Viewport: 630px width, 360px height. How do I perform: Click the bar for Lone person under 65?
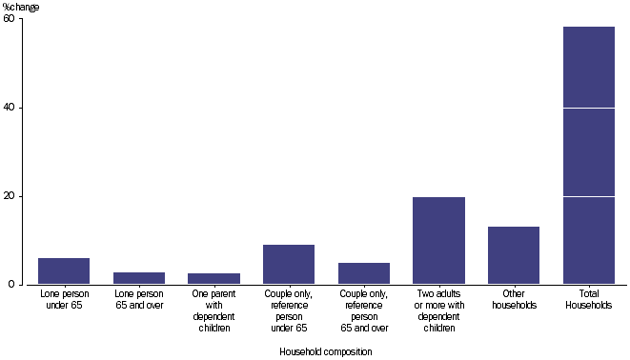[x=64, y=271]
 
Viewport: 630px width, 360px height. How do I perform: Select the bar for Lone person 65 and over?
[x=139, y=278]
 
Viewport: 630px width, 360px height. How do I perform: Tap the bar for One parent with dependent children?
[x=213, y=279]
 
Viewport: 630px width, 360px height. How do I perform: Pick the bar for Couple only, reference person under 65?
[x=289, y=265]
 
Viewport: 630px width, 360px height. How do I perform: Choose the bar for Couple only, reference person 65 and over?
[x=364, y=273]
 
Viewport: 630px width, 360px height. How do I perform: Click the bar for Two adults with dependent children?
[x=438, y=241]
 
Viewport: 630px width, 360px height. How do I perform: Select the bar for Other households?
[x=514, y=255]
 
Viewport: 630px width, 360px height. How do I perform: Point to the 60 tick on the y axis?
[x=9, y=19]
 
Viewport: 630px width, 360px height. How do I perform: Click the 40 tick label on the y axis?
[x=9, y=108]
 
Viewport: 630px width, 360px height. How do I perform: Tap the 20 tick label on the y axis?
[x=9, y=196]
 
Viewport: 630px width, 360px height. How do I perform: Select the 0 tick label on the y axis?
[x=11, y=284]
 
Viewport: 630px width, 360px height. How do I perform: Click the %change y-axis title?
[x=22, y=7]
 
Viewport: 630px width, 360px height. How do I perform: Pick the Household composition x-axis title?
[x=325, y=351]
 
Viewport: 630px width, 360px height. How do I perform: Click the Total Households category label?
[x=588, y=300]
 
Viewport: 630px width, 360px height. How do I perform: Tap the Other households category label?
[x=514, y=300]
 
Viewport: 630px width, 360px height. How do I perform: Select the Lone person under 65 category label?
[x=64, y=300]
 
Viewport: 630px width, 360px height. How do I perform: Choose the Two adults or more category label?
[x=438, y=311]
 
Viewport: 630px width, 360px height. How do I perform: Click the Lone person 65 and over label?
[x=139, y=300]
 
